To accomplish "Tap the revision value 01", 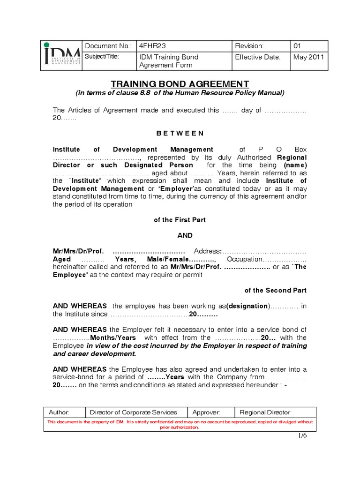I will tap(298, 46).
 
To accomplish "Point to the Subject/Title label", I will tap(102, 57).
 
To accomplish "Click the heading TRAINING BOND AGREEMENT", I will tap(180, 84).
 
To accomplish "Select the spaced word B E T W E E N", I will tap(180, 133).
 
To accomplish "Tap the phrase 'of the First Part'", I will tap(180, 220).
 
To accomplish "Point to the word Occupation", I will tap(244, 259).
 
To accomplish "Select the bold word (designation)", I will tap(248, 306).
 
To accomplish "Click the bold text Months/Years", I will tap(113, 337).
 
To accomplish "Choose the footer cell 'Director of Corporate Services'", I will tap(134, 412).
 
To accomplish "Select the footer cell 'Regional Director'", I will tap(265, 412).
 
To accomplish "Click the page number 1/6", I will tap(301, 436).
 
